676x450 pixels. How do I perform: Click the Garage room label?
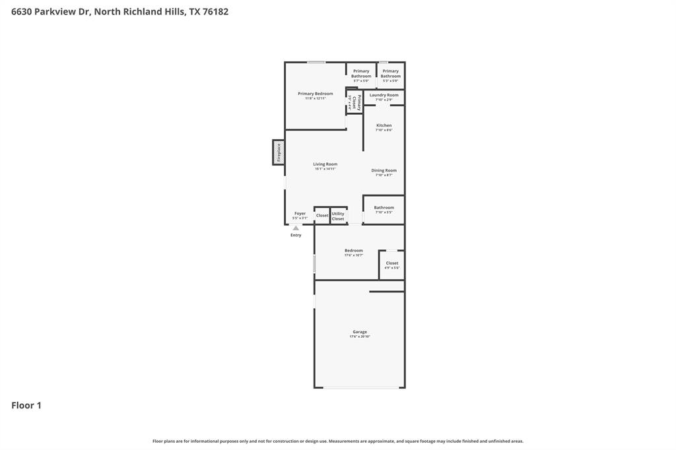(360, 332)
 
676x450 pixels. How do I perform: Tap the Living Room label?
(325, 164)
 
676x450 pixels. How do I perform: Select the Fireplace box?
(279, 152)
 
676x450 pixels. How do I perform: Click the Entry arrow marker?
(296, 228)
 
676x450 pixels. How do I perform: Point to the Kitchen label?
(384, 125)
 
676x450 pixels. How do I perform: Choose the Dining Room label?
(384, 171)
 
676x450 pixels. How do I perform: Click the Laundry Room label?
(384, 95)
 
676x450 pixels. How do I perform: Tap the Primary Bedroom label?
(315, 94)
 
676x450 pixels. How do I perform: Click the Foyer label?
(300, 213)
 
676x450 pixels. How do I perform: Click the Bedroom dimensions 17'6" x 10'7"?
(354, 255)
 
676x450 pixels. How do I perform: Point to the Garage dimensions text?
(360, 337)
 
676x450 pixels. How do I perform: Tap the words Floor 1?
(26, 406)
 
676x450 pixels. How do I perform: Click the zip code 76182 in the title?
(215, 11)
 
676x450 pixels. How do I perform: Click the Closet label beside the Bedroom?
(392, 263)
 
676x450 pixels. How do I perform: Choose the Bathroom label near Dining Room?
(384, 208)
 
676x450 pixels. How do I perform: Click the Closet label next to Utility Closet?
(322, 216)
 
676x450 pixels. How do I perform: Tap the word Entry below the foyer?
(296, 236)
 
